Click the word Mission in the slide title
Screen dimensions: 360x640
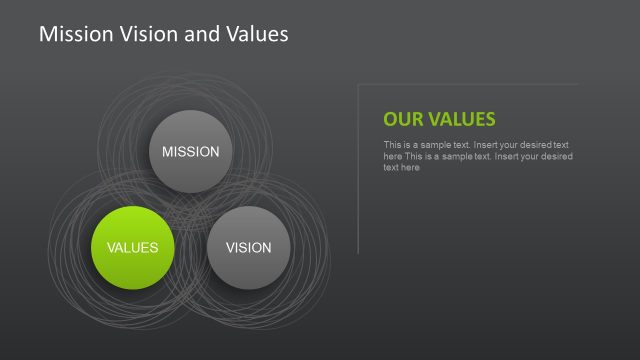tap(71, 34)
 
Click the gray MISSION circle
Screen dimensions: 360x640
tap(190, 152)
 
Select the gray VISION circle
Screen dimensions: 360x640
tap(248, 248)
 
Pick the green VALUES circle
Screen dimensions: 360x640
tap(132, 248)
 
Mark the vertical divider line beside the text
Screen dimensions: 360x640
tap(358, 170)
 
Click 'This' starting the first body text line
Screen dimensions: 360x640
tap(392, 146)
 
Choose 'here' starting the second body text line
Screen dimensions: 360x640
tap(392, 157)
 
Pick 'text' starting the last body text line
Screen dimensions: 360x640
tap(391, 168)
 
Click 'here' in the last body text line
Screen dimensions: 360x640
tap(410, 168)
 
